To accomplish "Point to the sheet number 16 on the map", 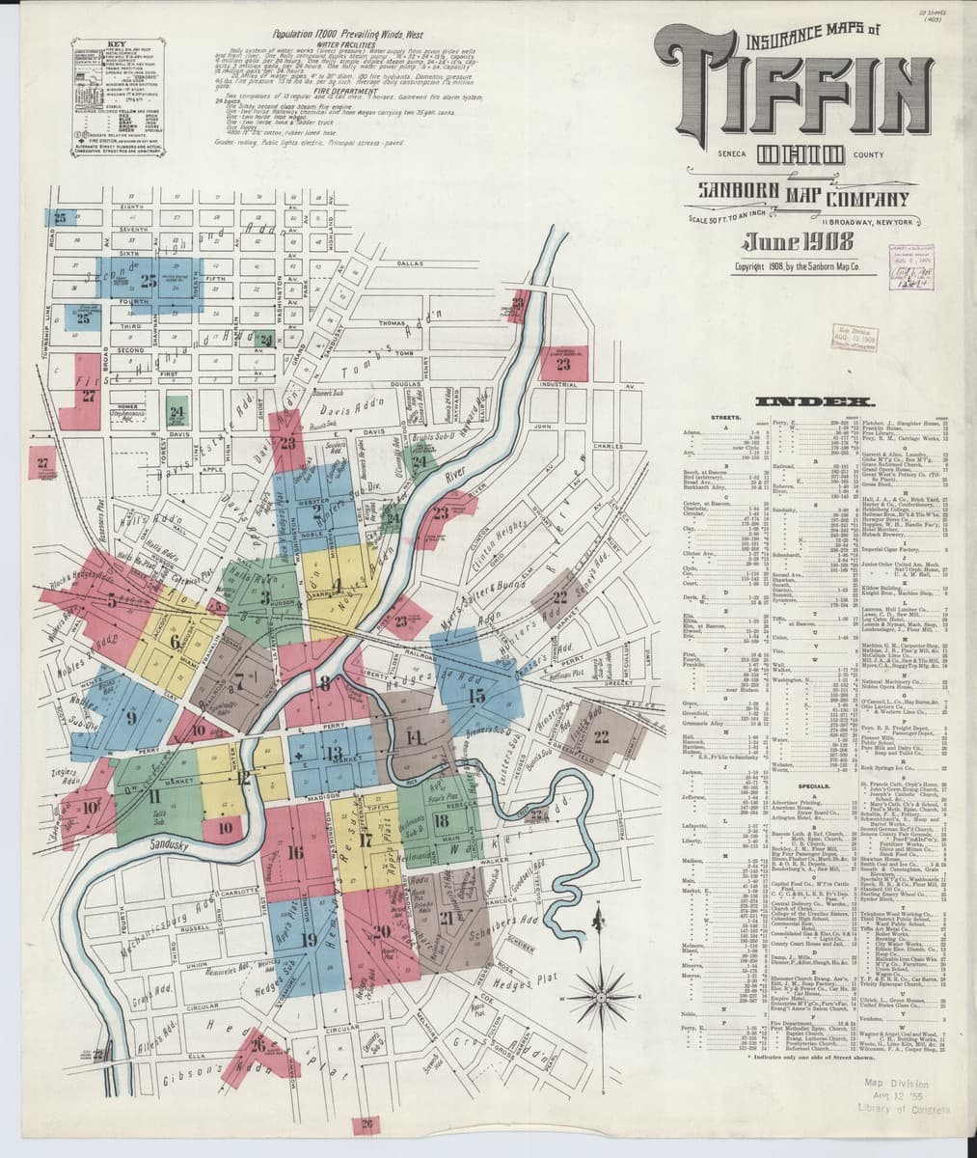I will pos(295,852).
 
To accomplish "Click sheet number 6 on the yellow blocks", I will pos(175,642).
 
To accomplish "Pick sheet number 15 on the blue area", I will pos(475,694).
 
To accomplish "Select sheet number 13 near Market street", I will pos(334,754).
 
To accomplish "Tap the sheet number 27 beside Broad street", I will pos(90,395).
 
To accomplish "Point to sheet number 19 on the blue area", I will pos(308,938).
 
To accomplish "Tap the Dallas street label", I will pos(410,262).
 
